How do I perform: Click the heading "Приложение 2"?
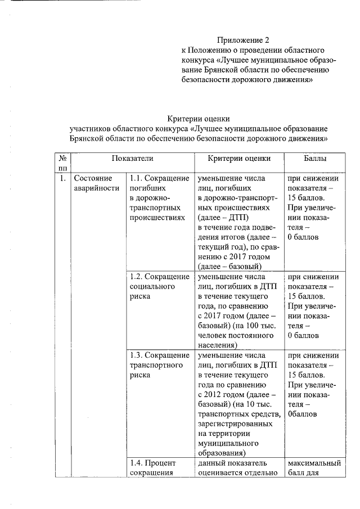click(244, 40)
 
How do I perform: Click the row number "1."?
click(63, 178)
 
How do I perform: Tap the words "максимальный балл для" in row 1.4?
click(314, 468)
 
